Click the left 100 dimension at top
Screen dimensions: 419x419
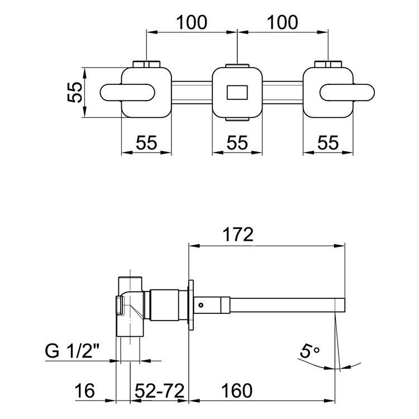point(192,22)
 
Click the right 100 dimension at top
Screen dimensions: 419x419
point(283,22)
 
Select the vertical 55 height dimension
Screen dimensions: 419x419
point(75,92)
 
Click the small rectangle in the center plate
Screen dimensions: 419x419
point(237,92)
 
